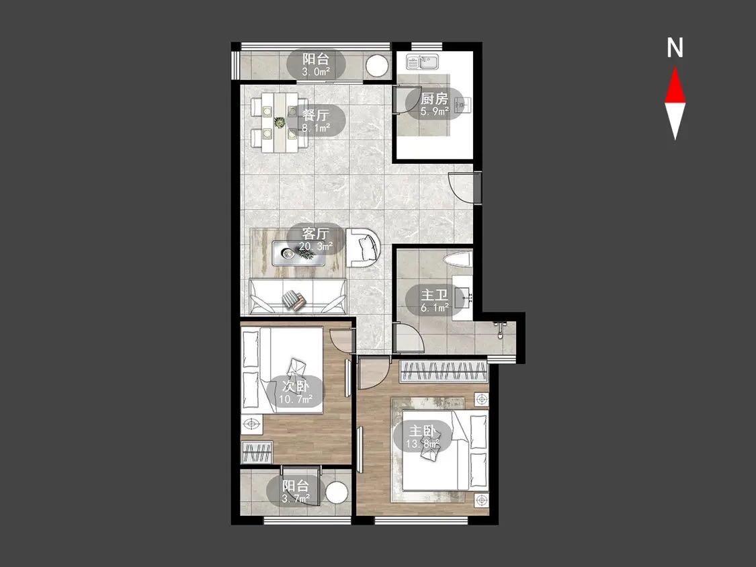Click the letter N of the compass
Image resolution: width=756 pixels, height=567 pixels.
675,48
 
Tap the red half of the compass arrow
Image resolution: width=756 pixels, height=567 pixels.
675,86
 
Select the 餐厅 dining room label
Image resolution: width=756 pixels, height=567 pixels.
317,120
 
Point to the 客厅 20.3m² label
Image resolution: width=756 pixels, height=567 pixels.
316,239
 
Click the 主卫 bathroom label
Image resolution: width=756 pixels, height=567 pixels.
434,300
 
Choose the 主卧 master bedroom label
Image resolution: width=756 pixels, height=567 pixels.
423,437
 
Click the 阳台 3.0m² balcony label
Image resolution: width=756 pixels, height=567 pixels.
317,65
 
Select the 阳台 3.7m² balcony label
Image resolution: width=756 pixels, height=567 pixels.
295,491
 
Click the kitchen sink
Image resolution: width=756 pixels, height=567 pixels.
422,62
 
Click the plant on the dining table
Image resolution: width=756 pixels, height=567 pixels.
280,122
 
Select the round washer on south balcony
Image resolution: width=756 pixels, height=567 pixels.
337,493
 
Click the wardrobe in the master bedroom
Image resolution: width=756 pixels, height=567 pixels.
444,372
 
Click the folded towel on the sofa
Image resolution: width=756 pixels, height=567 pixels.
294,299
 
